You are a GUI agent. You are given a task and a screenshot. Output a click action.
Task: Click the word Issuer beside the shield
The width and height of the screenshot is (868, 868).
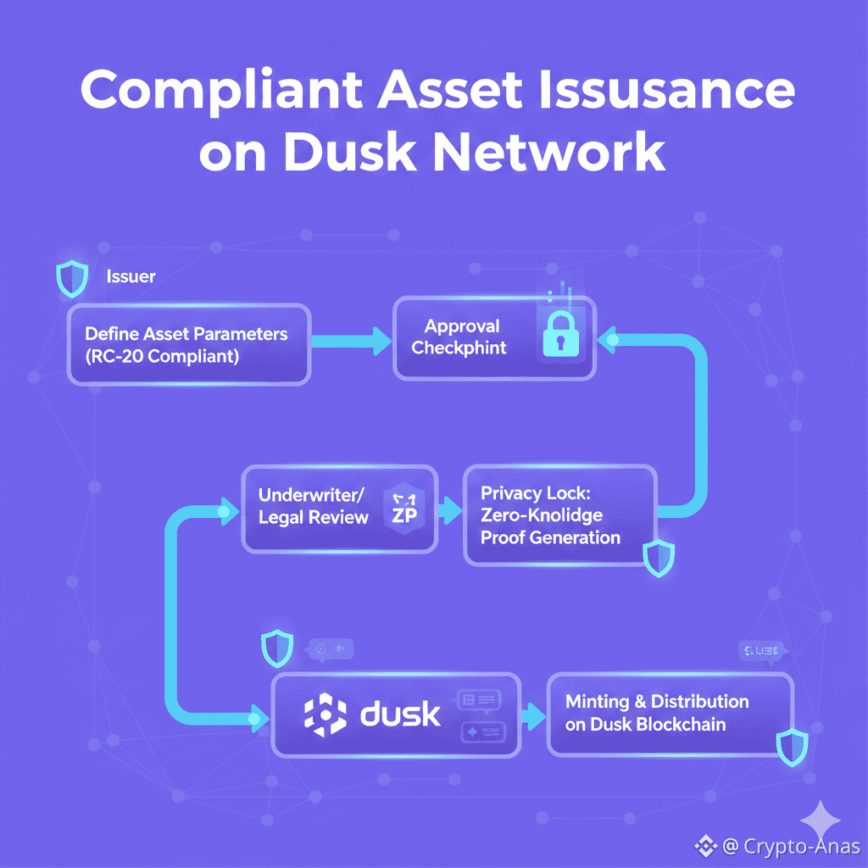point(131,276)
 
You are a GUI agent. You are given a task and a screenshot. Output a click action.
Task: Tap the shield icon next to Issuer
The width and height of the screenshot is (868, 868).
point(71,278)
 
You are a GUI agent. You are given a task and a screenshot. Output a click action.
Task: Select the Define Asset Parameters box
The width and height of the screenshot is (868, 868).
point(189,345)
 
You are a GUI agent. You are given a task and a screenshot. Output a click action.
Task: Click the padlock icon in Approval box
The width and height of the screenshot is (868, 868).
point(564,335)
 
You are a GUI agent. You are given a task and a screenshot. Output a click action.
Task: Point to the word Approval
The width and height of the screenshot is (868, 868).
point(462,326)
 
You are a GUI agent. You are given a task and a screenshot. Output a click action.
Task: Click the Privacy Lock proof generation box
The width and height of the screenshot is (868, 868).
point(559,515)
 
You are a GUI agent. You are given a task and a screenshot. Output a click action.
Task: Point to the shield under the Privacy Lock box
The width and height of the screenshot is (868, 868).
point(659,557)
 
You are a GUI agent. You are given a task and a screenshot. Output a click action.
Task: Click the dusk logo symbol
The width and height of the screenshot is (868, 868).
point(325,714)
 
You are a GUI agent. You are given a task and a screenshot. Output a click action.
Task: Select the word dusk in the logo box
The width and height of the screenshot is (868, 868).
point(401,714)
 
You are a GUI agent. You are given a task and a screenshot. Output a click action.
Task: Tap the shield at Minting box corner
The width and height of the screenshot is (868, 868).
point(793,745)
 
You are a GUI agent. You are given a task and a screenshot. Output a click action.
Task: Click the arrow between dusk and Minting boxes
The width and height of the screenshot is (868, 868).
point(532,715)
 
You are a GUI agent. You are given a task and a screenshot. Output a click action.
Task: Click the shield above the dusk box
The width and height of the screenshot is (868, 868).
point(277,649)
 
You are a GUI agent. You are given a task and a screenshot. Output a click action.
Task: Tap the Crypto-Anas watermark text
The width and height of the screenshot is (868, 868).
point(801,846)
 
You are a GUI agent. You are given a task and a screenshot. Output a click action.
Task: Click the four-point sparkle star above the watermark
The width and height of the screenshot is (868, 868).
point(821,819)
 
